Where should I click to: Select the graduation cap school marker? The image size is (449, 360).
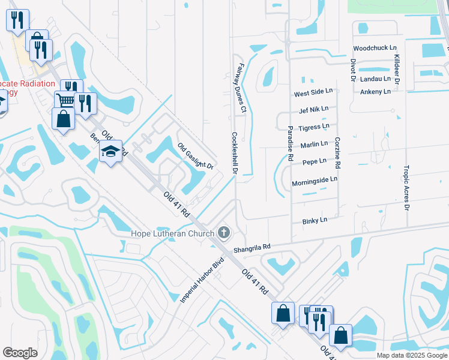point(110,154)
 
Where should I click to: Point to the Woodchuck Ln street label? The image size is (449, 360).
point(375,47)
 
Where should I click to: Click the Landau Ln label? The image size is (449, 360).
point(375,79)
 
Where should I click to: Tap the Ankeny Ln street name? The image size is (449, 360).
point(375,91)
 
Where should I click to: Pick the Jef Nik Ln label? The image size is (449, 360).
point(313,110)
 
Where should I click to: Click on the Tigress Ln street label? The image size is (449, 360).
point(314,127)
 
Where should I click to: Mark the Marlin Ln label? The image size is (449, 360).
point(315,144)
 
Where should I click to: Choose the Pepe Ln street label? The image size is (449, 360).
point(315,161)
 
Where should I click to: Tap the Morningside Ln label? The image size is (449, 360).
point(315,179)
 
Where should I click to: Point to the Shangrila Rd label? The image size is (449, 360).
point(253,247)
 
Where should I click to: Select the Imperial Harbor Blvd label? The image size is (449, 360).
point(202,280)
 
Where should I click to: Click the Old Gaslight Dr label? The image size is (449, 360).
point(196,157)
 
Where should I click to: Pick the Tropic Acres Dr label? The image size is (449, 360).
point(406,188)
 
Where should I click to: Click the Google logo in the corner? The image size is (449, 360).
point(20,353)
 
